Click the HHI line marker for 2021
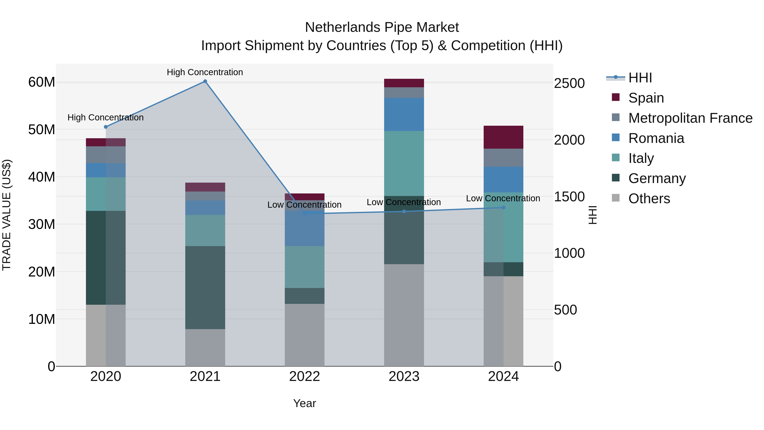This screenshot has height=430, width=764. tap(205, 81)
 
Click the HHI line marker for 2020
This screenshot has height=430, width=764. tap(106, 127)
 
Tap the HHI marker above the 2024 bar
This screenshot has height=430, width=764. tap(503, 208)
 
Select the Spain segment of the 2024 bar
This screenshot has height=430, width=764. tap(503, 137)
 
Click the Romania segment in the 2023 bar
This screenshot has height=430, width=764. tap(404, 114)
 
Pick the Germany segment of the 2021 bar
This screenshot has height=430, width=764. tap(205, 287)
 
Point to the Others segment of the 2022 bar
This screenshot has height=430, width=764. tap(305, 335)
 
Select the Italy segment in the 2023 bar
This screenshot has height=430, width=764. tap(404, 163)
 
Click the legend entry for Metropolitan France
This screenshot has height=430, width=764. tap(690, 118)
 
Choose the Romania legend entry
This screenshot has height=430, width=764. tap(656, 138)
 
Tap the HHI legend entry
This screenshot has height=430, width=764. tap(640, 78)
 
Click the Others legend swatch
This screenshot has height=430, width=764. tap(616, 198)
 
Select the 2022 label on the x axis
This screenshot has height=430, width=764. tap(305, 376)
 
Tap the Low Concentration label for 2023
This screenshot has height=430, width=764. tap(404, 202)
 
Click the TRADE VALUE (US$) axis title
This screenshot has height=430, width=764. tap(7, 215)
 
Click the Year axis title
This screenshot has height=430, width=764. tap(305, 403)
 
